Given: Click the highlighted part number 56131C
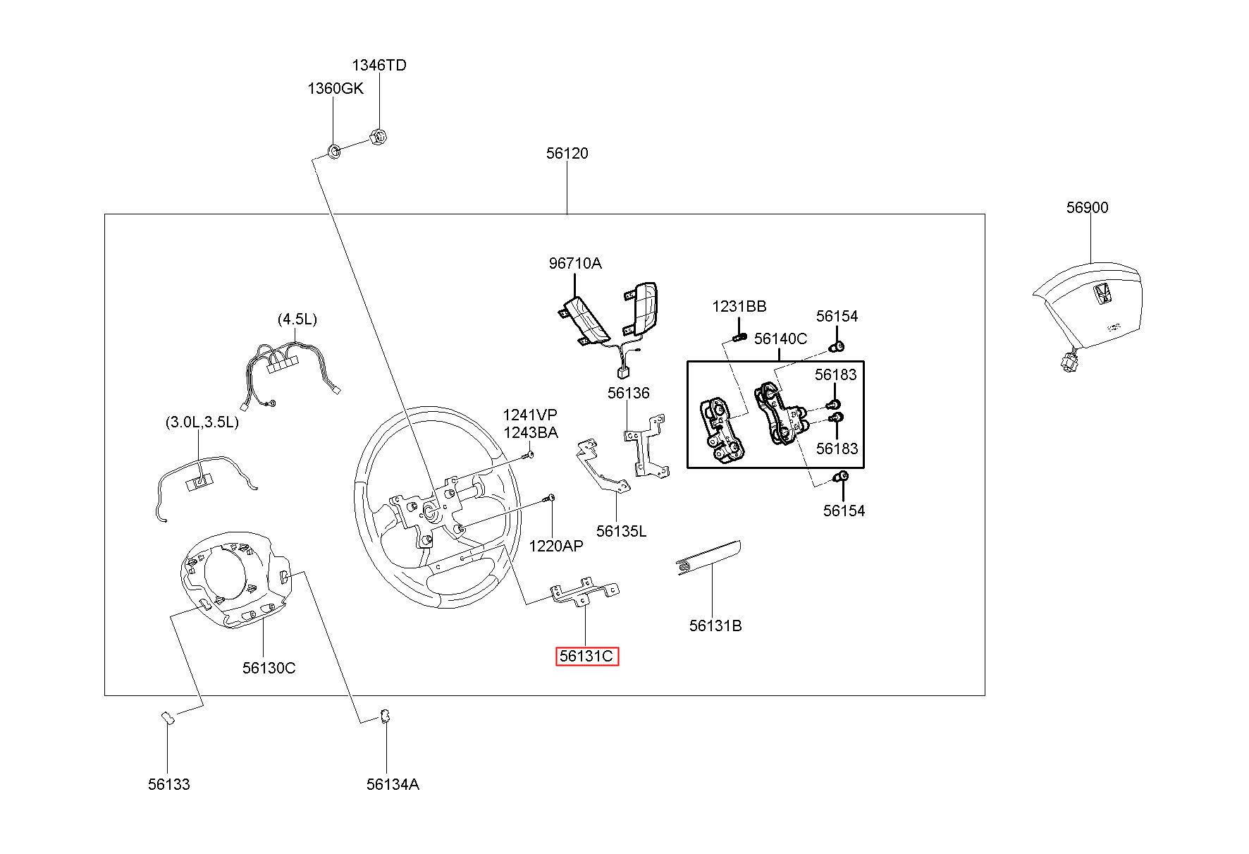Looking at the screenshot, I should coord(586,657).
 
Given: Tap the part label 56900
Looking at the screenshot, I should coord(1087,207).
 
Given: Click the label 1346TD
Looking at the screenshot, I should coord(379,65).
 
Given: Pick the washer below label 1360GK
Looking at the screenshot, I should coord(335,150).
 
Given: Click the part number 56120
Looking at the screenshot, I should coord(567,153).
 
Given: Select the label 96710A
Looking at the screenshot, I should coord(575,263).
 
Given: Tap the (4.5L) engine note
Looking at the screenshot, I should coord(297,319).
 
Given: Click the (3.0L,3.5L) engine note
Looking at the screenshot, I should coord(202,422).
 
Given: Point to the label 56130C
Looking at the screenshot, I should coord(269,667).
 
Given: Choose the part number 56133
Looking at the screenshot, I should coord(168,783).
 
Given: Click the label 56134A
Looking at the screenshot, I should coord(393,783).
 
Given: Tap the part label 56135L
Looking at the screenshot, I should coord(621,530).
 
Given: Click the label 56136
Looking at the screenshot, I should coord(628,393).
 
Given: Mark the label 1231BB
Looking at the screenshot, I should coord(739,306).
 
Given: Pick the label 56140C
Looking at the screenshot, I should coord(780,338).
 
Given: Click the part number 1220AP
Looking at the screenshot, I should coord(556,545).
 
